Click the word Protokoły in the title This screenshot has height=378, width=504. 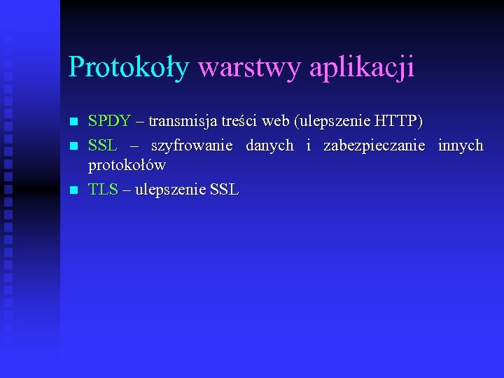click(x=129, y=68)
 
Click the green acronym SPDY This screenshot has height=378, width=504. click(x=109, y=121)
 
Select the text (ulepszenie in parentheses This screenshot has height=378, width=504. click(x=332, y=121)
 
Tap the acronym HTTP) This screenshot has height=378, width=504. click(x=399, y=121)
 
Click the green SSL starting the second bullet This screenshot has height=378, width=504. click(x=102, y=146)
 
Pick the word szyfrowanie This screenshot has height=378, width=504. click(x=192, y=146)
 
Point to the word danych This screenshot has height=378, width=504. click(x=269, y=146)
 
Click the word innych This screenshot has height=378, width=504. click(x=461, y=146)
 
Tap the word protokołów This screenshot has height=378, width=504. click(x=127, y=166)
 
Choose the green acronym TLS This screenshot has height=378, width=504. click(x=103, y=189)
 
